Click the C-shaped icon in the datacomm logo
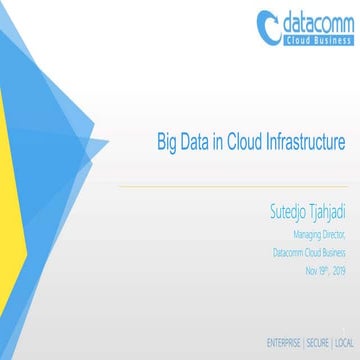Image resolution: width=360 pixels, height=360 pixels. point(268,26)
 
